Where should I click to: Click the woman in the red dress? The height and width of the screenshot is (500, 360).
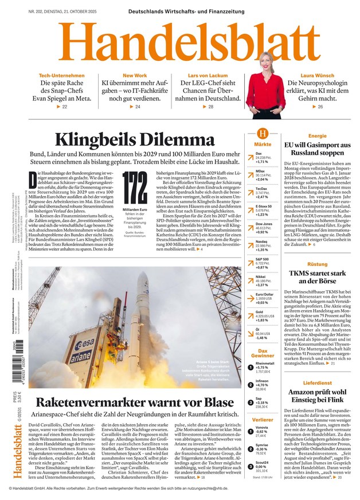click(257, 86)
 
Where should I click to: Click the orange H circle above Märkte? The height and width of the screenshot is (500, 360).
click(263, 133)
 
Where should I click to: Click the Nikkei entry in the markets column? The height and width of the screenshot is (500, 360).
click(263, 280)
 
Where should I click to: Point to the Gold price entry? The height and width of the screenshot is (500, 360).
click(263, 315)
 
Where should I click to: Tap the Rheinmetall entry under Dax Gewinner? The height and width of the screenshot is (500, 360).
click(265, 367)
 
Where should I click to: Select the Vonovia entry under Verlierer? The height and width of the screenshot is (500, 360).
click(264, 431)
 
